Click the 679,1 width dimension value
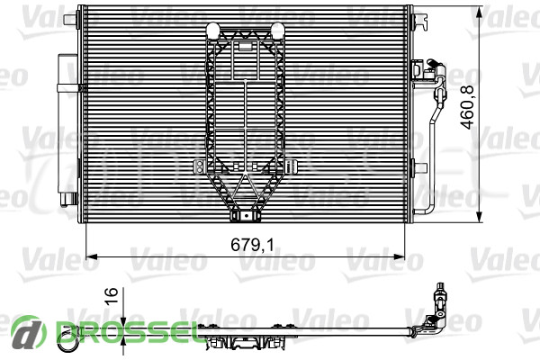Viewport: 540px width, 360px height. pos(252,245)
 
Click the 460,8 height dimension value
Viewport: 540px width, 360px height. pos(467,107)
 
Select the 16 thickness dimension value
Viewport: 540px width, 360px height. pos(112,296)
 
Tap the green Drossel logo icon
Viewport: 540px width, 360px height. pos(29,333)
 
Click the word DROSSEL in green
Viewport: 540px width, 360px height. pos(128,333)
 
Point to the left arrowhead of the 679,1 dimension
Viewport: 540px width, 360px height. pos(90,256)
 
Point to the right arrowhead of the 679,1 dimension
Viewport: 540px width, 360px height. pos(400,256)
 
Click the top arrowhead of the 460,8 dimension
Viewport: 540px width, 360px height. pos(479,11)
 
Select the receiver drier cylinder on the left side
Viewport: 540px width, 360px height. pos(67,130)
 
